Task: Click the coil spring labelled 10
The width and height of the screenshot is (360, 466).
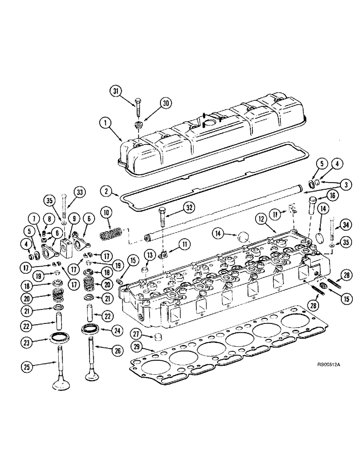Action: point(111,232)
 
